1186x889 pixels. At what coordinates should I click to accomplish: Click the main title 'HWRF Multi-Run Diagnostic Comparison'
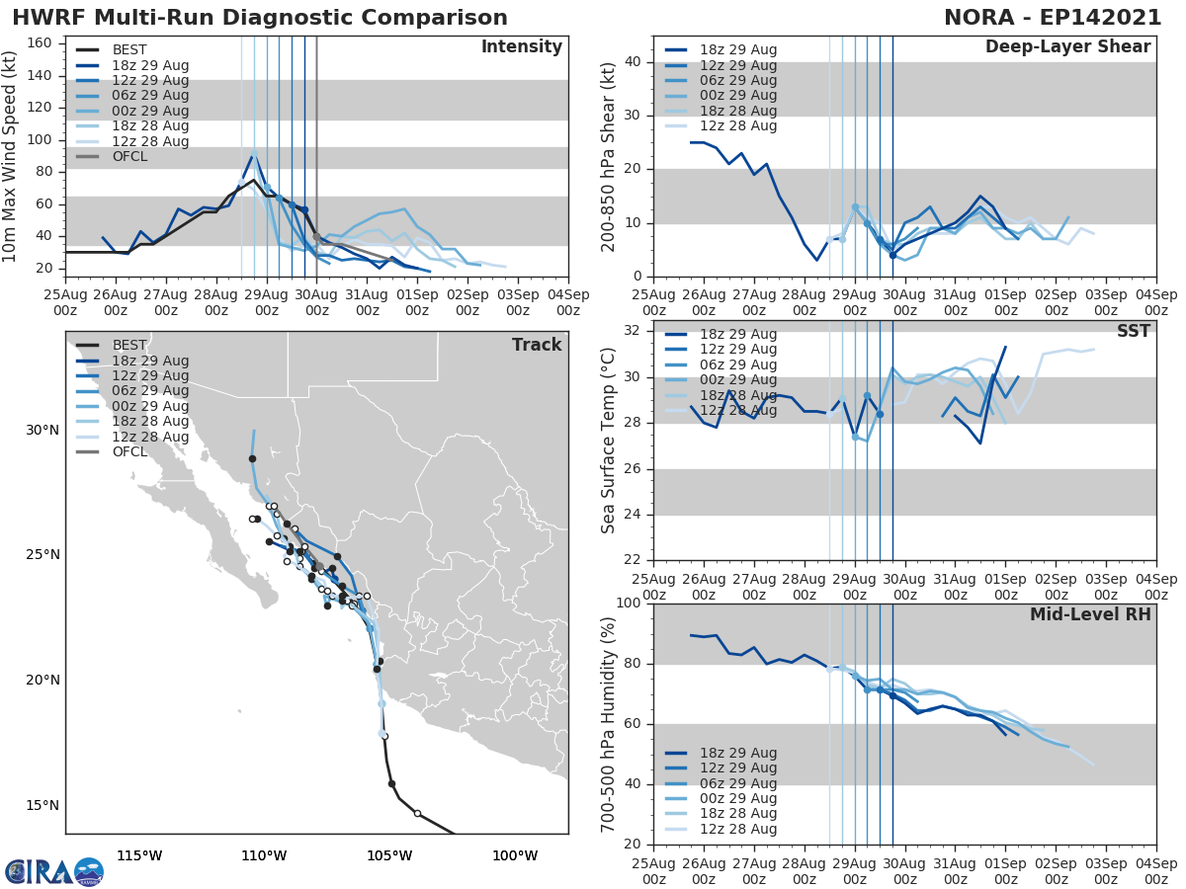(260, 18)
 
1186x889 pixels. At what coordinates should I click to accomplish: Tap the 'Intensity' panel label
(521, 47)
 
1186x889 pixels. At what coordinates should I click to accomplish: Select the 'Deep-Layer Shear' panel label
(1067, 47)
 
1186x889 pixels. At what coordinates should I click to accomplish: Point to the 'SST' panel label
(1134, 331)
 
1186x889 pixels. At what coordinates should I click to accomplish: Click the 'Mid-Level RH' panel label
(1090, 614)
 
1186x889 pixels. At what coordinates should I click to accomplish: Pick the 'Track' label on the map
(537, 345)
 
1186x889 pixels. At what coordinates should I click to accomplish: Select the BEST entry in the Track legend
(129, 345)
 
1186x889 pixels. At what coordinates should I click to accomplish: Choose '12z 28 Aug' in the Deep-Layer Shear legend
(737, 126)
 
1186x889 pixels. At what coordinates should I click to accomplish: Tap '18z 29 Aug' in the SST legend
(737, 334)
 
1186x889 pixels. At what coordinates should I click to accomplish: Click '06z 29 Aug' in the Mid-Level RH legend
(737, 783)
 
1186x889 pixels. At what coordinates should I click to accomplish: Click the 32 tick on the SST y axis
(633, 331)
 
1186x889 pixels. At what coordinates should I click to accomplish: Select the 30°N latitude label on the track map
(41, 430)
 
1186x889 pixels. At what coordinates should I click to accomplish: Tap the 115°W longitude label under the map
(139, 855)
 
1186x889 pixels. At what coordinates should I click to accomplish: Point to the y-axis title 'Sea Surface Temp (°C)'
(609, 442)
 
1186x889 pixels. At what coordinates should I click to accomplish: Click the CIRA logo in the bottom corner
(53, 871)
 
